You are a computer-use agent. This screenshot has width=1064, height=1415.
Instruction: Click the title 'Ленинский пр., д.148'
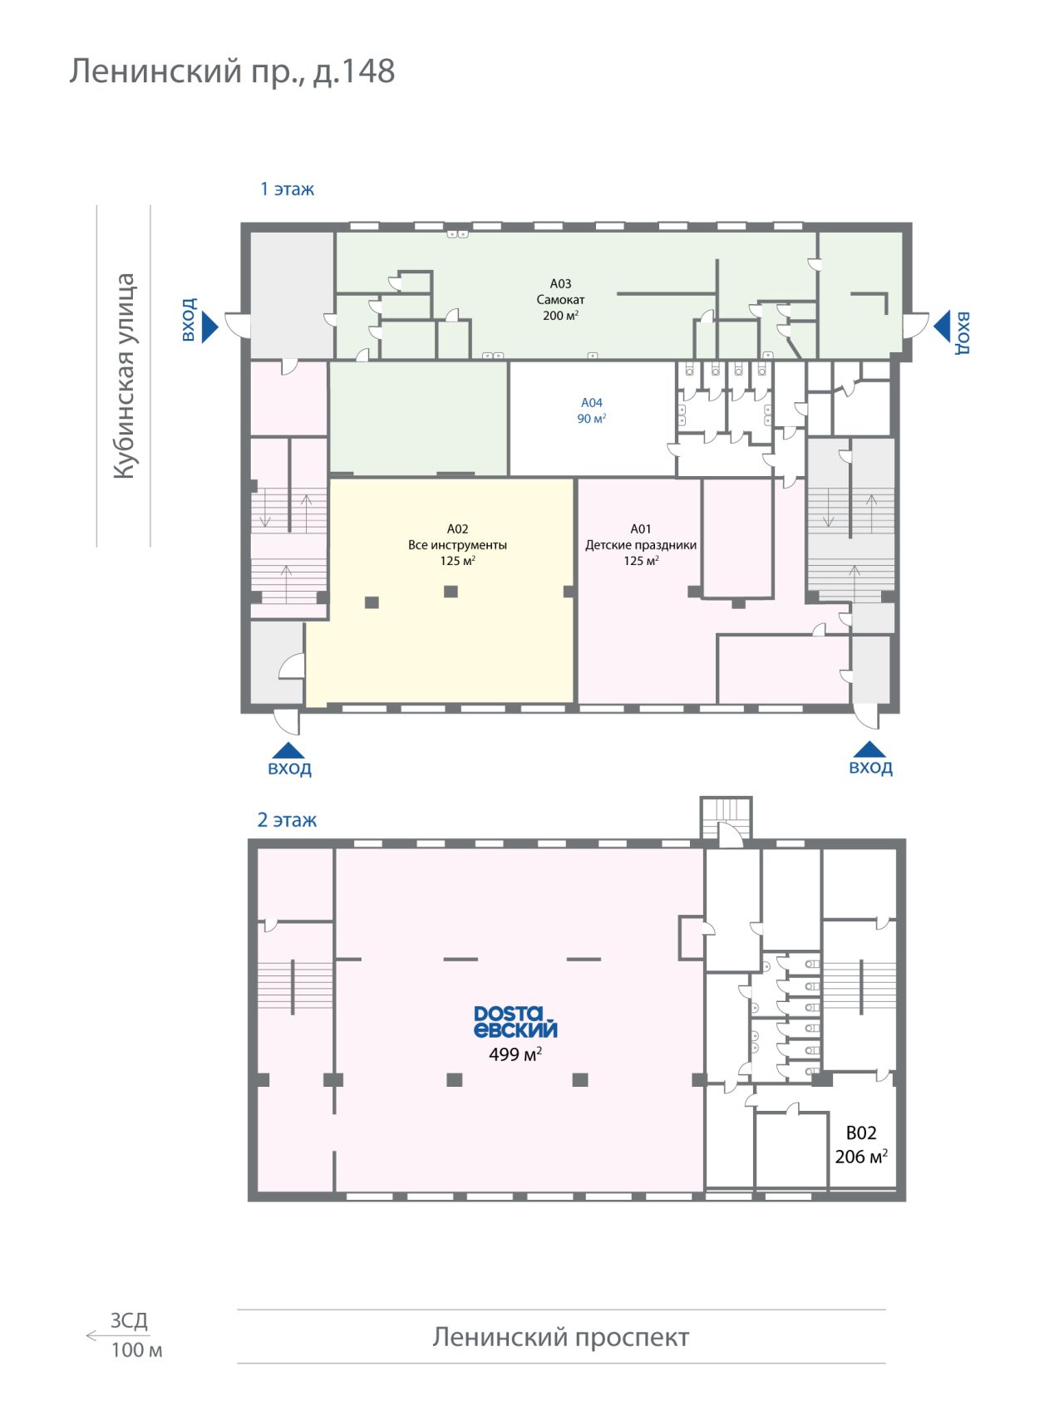click(232, 71)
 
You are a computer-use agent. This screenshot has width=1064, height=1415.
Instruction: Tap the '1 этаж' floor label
click(288, 189)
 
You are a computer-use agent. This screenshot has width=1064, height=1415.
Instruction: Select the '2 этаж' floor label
click(287, 820)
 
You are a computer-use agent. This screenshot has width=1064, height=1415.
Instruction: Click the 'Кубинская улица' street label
click(124, 376)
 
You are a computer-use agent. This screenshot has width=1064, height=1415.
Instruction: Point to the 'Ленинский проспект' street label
click(561, 1337)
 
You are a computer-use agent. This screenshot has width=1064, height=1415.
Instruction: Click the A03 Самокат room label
click(560, 299)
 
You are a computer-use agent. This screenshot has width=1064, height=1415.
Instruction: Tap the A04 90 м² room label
click(592, 410)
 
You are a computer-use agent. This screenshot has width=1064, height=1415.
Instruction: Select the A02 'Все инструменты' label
click(457, 545)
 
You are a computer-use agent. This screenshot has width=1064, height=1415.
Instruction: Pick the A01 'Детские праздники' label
click(641, 545)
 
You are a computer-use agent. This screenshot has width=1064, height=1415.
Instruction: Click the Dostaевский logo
click(515, 1022)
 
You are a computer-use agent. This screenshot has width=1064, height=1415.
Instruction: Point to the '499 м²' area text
click(515, 1054)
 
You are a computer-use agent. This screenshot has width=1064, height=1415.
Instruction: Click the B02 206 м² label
click(861, 1145)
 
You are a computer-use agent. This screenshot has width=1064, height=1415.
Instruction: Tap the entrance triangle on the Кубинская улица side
click(209, 327)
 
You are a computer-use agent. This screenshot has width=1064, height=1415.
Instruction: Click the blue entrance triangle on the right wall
click(941, 327)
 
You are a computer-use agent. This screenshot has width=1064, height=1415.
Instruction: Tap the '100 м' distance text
click(136, 1350)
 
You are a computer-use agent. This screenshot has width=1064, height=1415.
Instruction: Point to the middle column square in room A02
click(451, 592)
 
